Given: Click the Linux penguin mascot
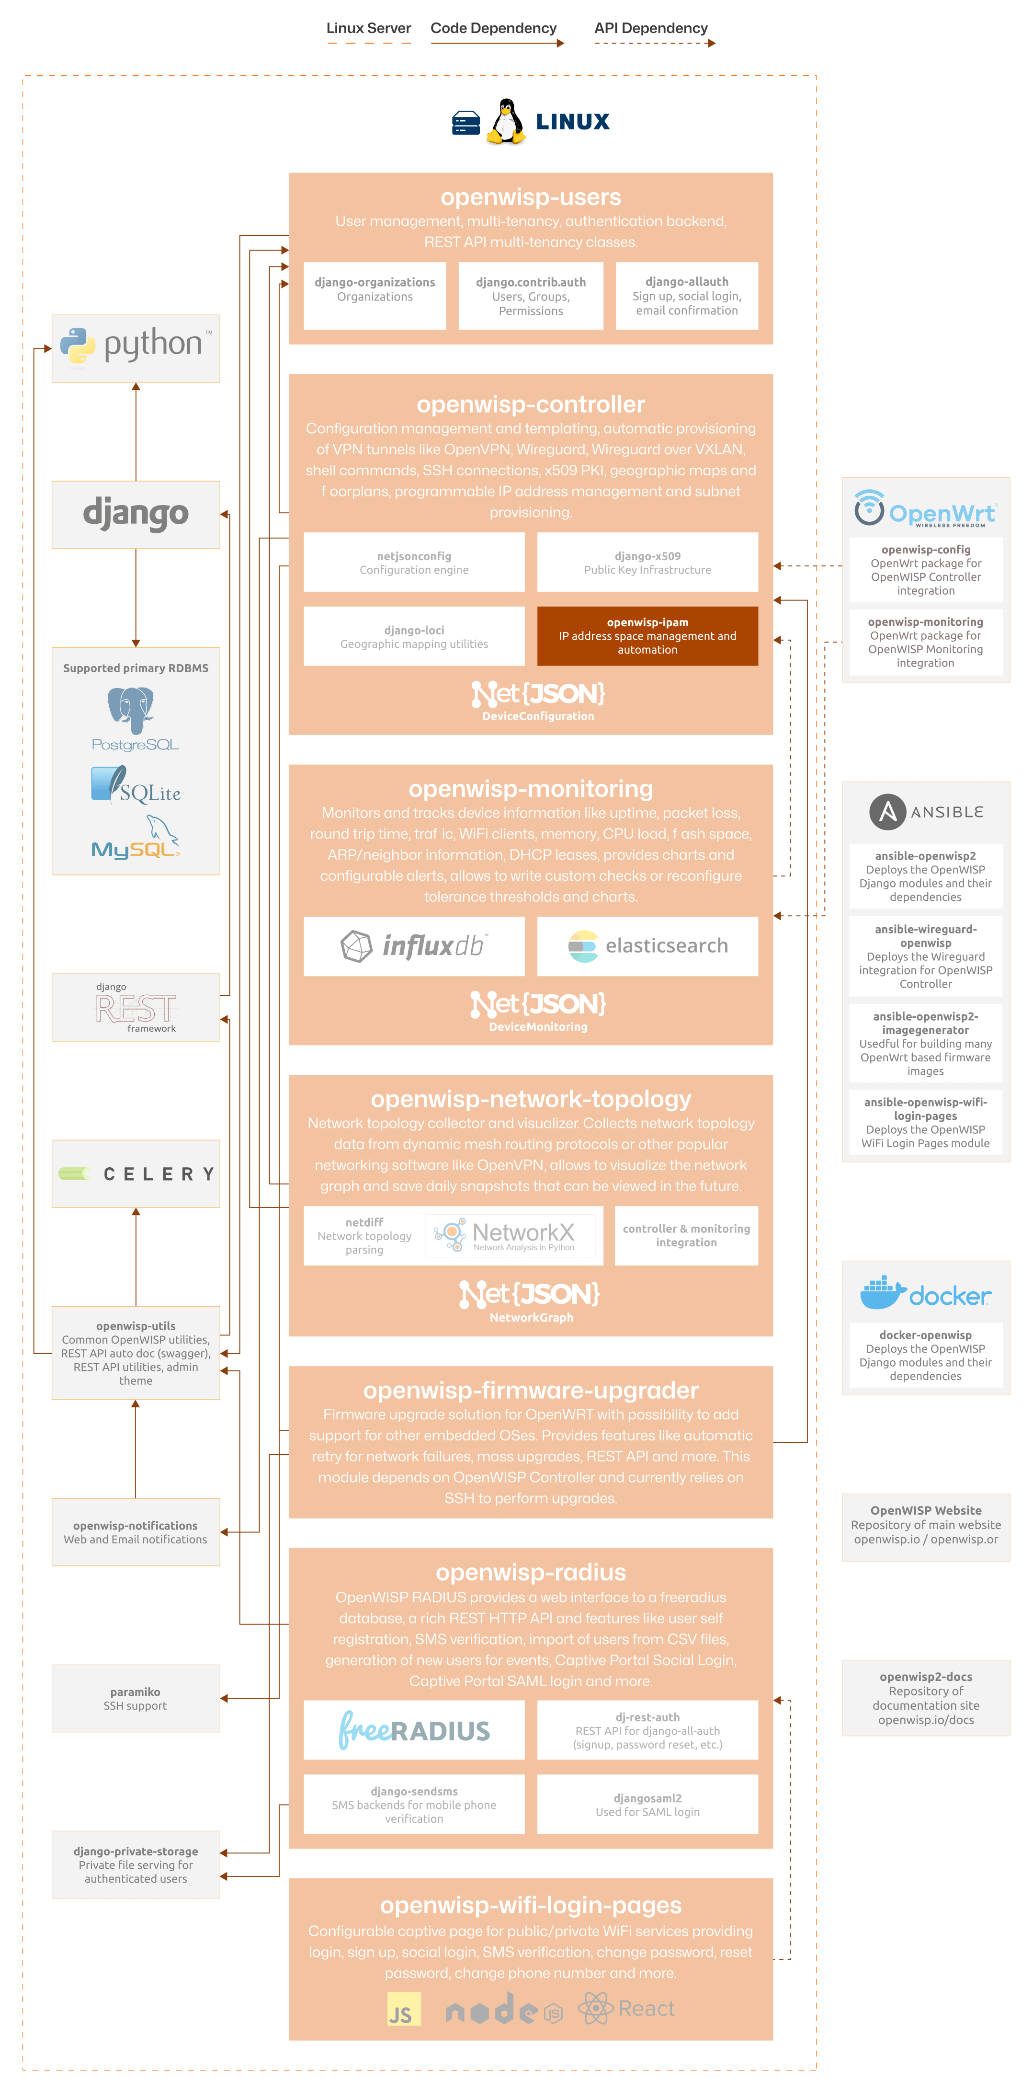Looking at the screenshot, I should [506, 122].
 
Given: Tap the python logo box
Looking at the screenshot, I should [136, 348].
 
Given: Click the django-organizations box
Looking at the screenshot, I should [375, 296].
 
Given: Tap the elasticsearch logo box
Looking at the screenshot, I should [647, 946].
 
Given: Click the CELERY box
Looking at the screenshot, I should [136, 1174].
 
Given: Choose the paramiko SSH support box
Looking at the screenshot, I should [136, 1698].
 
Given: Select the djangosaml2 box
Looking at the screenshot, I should [647, 1804].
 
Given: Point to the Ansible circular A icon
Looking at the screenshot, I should [887, 812].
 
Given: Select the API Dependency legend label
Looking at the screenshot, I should [650, 28].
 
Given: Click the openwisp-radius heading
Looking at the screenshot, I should [530, 1572].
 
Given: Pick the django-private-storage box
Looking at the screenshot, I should [136, 1865].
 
